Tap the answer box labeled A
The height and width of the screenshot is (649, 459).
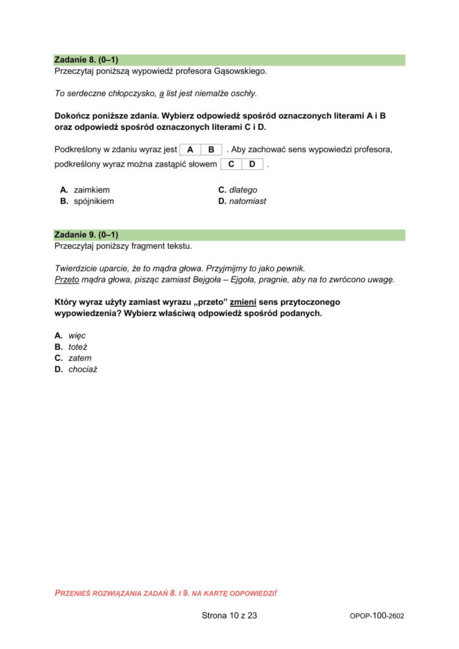click(x=190, y=149)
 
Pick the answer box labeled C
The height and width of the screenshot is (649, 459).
click(x=232, y=164)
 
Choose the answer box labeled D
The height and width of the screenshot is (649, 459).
click(x=252, y=164)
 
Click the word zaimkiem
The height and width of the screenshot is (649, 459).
click(x=91, y=189)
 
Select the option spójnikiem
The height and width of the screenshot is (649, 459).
click(x=93, y=201)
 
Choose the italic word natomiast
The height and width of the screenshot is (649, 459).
click(x=247, y=201)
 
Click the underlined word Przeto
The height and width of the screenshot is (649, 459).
click(x=66, y=279)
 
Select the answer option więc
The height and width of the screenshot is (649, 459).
click(x=77, y=335)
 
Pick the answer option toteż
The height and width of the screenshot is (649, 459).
click(x=77, y=346)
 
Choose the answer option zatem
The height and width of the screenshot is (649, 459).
click(x=79, y=358)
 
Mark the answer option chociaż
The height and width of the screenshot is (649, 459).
click(x=83, y=369)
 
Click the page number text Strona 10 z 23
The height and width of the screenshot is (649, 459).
click(x=230, y=614)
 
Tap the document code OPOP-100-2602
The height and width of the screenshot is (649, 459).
click(x=377, y=615)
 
